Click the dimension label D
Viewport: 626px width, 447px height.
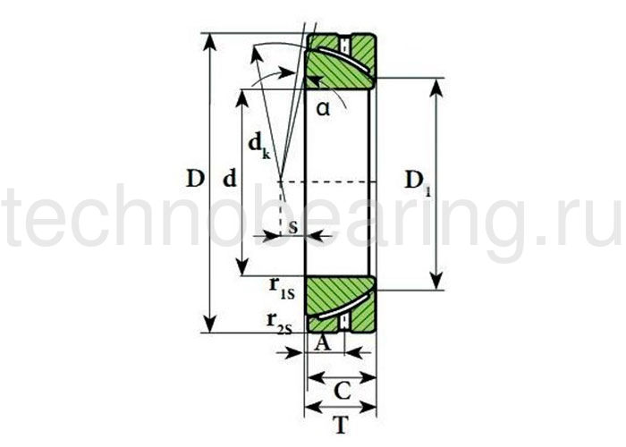(x=196, y=178)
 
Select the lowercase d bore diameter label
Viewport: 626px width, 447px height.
(x=230, y=179)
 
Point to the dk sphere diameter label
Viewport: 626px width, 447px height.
(x=258, y=145)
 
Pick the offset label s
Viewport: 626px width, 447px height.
(x=292, y=225)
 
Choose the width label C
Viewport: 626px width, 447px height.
(x=341, y=390)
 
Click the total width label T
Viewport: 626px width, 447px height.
(x=340, y=426)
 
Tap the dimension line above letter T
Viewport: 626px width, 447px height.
(x=340, y=409)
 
